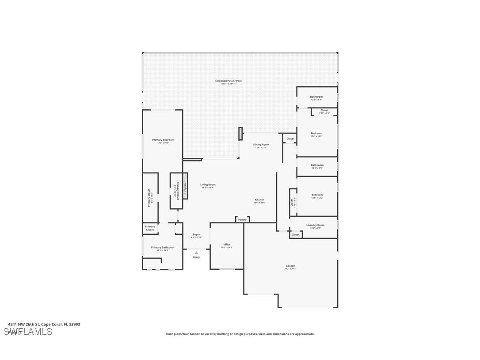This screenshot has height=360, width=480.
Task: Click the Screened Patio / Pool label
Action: (x=228, y=81)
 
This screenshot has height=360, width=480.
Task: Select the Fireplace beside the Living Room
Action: (x=186, y=186)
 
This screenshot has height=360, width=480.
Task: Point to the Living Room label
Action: (x=208, y=185)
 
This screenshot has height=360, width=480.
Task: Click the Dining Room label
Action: (x=261, y=145)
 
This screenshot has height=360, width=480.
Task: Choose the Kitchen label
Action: (x=259, y=200)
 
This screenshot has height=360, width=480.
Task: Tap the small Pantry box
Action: (x=242, y=220)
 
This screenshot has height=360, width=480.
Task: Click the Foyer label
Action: (x=196, y=234)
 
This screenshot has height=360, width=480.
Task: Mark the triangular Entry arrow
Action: (x=196, y=253)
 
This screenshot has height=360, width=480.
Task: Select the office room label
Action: (x=227, y=245)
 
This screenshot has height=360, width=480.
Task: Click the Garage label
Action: (x=290, y=266)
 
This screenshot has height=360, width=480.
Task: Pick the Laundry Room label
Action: (x=315, y=225)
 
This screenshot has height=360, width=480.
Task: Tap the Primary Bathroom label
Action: (x=162, y=248)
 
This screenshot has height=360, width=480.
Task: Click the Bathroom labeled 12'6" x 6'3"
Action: (x=316, y=97)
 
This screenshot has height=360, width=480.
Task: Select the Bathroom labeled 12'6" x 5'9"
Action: (x=317, y=165)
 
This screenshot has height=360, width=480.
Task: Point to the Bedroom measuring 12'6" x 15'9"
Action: (x=316, y=134)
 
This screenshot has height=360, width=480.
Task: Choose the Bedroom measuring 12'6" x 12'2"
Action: (x=317, y=195)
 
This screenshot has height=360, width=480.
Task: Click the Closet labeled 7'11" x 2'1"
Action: (x=324, y=111)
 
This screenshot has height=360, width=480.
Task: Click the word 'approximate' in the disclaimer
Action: (x=304, y=334)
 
